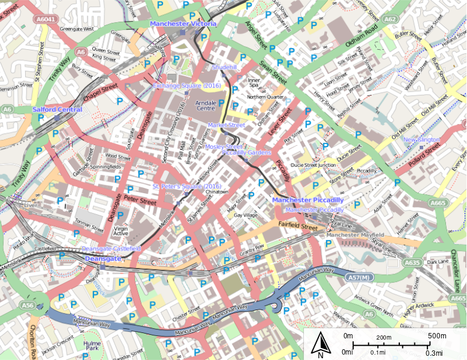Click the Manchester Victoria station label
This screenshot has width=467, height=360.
tap(183, 24)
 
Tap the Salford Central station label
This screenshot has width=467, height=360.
tap(58, 110)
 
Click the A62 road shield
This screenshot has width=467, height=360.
tap(390, 19)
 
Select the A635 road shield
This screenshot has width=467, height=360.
tap(412, 262)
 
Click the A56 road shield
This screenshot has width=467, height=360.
tap(28, 305)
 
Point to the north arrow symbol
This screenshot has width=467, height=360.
tap(321, 344)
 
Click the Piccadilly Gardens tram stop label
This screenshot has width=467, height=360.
tap(246, 152)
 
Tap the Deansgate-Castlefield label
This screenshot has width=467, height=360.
tap(111, 248)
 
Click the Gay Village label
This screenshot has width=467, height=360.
tap(246, 215)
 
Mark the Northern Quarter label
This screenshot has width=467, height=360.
tap(264, 97)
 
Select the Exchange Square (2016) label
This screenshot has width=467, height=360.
tap(186, 86)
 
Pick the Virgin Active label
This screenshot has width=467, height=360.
tap(121, 232)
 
